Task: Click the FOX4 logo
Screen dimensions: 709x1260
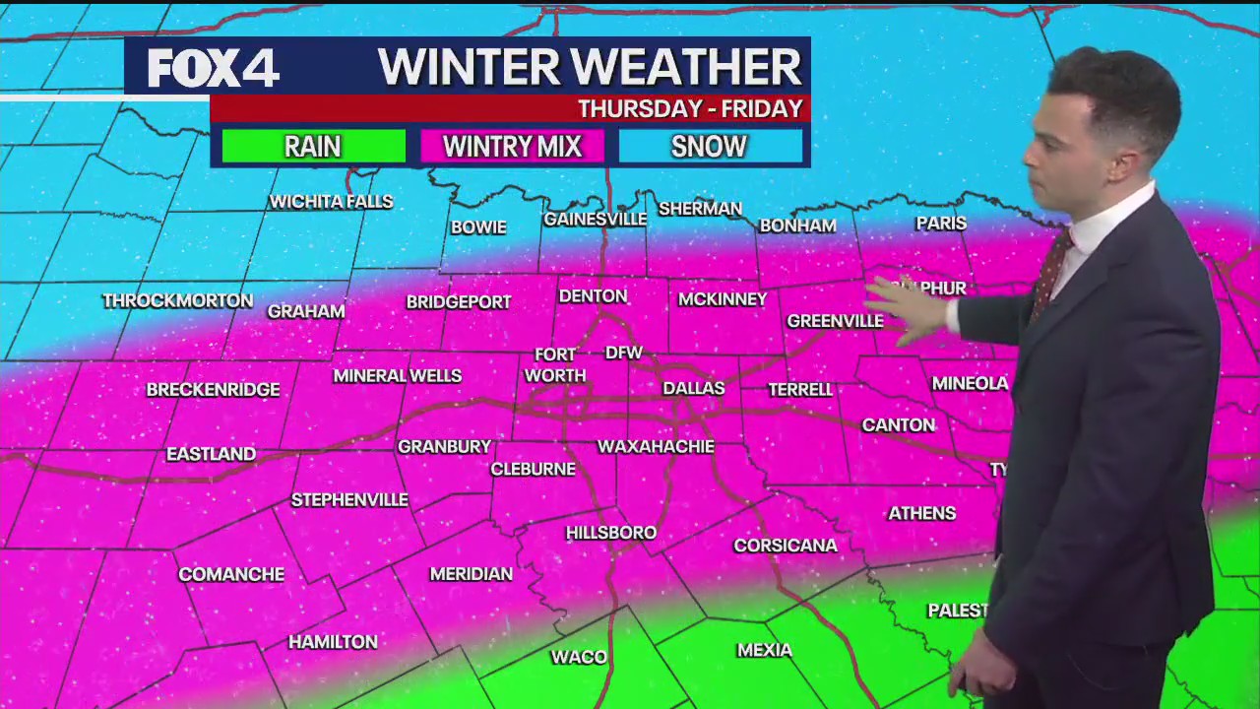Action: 214,68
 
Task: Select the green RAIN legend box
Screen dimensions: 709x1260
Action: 313,147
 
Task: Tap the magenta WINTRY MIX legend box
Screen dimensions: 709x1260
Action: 512,147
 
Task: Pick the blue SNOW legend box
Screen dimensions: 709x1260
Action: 710,147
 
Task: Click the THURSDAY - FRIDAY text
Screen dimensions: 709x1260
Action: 690,108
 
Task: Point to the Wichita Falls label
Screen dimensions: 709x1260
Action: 331,202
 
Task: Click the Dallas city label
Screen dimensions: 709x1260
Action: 693,388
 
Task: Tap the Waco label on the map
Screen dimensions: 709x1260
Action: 579,657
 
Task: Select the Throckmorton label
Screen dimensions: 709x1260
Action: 178,300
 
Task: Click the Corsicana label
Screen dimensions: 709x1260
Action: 786,546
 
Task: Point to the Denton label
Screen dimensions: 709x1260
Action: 593,296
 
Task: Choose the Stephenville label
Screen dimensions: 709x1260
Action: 349,500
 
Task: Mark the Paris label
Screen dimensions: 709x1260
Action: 941,224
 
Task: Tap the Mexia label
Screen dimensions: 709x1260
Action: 765,650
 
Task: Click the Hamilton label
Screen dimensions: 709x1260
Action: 333,642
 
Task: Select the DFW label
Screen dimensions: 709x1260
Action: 623,353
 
